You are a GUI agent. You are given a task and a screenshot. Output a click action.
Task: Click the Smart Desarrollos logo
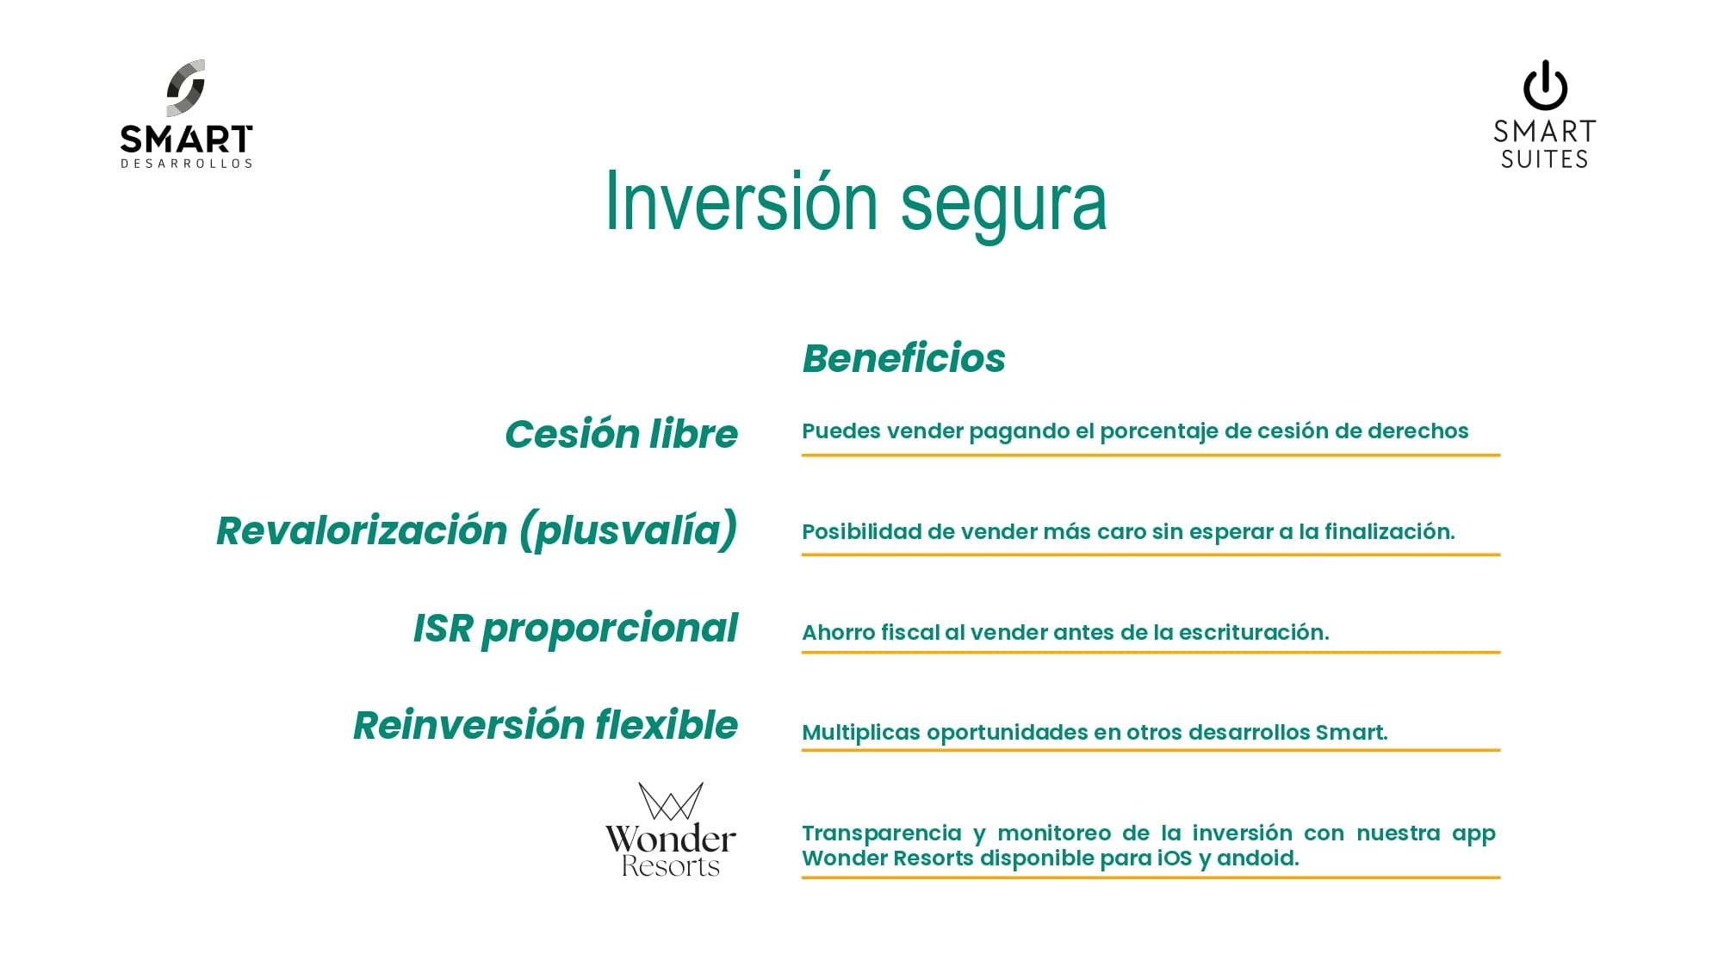pos(186,114)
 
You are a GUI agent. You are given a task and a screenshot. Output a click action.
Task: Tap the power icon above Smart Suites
pos(1545,85)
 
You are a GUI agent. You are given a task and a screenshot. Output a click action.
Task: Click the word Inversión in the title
pos(741,202)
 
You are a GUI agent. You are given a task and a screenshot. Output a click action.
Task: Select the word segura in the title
pos(1003,208)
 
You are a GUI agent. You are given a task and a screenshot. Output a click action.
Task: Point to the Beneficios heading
pos(903,358)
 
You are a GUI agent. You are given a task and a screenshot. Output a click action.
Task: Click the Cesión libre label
pos(621,434)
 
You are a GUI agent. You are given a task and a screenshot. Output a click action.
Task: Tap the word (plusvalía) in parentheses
pos(629,530)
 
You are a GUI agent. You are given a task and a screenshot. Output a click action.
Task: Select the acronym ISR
pos(444,629)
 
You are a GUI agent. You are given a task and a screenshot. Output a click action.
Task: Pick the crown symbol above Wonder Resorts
pos(671,801)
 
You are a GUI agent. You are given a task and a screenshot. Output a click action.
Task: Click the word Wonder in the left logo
pos(671,839)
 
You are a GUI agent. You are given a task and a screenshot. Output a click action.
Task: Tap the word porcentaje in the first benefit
pos(1159,431)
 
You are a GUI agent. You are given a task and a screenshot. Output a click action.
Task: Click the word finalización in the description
pos(1389,531)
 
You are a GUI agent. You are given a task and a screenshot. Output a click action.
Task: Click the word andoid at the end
pos(1257,859)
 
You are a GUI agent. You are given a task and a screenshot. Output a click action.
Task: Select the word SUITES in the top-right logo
pos(1545,159)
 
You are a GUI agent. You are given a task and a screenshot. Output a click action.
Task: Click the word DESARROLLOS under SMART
pos(187,164)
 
